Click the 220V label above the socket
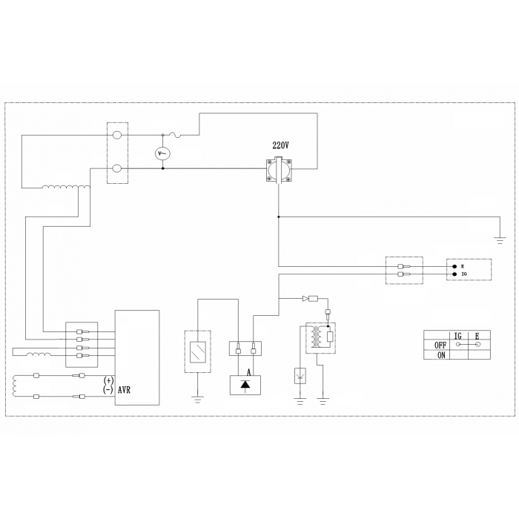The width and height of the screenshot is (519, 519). (x=280, y=145)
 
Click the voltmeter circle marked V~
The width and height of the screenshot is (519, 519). (x=162, y=153)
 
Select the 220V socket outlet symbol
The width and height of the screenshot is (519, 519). (x=279, y=170)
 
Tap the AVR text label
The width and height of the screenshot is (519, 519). (x=124, y=390)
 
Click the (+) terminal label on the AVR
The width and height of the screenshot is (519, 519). (x=108, y=380)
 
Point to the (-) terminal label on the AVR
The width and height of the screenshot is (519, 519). (x=108, y=389)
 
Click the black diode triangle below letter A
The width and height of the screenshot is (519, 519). (x=245, y=384)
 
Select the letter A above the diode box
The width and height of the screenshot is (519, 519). (x=249, y=373)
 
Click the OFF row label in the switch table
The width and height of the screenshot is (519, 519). (x=440, y=346)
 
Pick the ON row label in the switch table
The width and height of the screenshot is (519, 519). (x=442, y=355)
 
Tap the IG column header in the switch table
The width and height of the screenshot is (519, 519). (x=458, y=336)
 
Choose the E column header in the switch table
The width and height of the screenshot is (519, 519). (x=477, y=336)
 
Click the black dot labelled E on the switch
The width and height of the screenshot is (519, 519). (x=454, y=266)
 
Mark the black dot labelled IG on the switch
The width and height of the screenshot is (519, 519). (x=454, y=274)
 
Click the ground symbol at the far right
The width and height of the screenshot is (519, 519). (x=500, y=240)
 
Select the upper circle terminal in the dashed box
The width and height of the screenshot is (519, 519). (x=117, y=135)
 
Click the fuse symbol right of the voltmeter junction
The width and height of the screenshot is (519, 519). (x=174, y=135)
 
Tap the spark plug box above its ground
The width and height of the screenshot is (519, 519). (x=300, y=376)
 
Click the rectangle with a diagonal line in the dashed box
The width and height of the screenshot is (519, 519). (x=198, y=351)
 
